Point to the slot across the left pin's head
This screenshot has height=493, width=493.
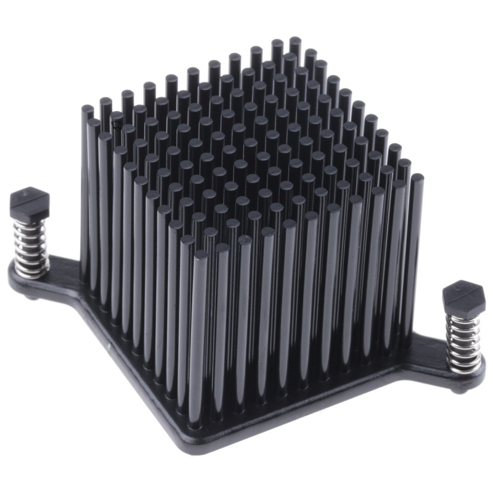pos(29,197)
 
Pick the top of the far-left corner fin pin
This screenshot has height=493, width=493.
pos(87,110)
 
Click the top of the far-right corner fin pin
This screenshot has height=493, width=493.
pos(417,178)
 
